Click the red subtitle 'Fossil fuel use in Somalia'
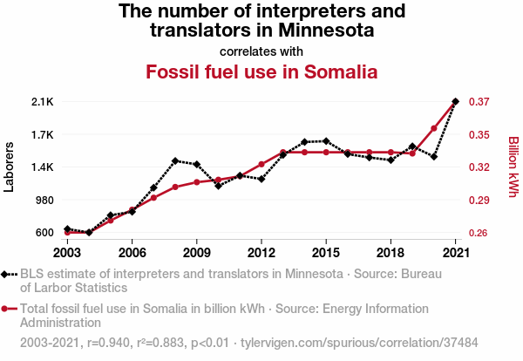[261, 71]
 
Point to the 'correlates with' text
[261, 50]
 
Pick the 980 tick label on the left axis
[44, 200]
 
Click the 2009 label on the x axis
[196, 252]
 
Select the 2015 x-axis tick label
[325, 252]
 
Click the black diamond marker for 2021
[455, 102]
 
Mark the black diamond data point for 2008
[175, 160]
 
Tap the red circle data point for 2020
[433, 128]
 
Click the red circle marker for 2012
[261, 164]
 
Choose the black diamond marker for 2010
[218, 186]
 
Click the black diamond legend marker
[6, 274]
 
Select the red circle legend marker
[6, 309]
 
